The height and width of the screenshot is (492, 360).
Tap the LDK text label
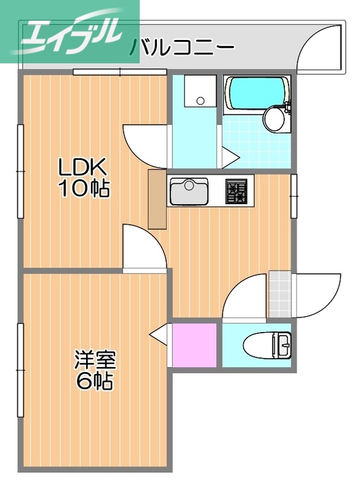click(x=82, y=167)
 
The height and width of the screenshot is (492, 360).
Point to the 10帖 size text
click(x=84, y=188)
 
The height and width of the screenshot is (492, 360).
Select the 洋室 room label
click(x=95, y=359)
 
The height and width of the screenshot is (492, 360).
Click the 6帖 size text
click(x=95, y=381)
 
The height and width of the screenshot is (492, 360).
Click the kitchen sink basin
click(x=190, y=192)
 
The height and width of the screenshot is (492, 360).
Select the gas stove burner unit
click(x=236, y=191)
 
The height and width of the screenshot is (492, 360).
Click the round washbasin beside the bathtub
click(x=274, y=119)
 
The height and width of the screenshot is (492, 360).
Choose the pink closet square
click(x=195, y=344)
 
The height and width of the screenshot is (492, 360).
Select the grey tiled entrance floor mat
click(x=279, y=295)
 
